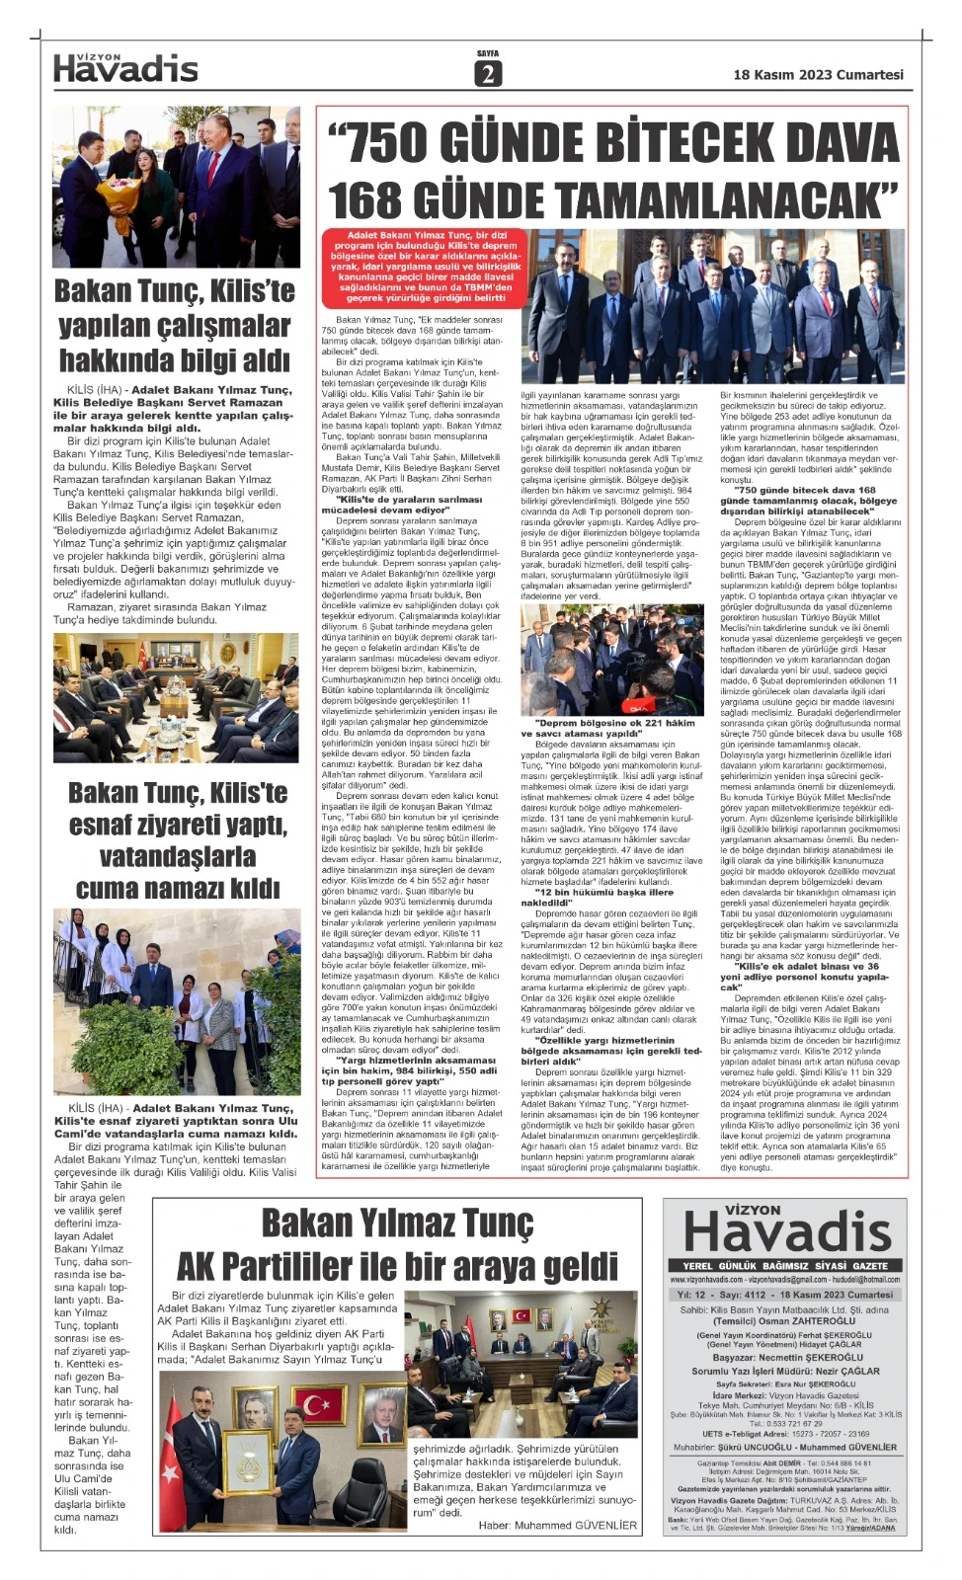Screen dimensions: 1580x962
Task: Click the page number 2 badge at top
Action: (x=488, y=73)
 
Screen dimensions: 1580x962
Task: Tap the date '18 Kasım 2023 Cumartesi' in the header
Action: (x=818, y=74)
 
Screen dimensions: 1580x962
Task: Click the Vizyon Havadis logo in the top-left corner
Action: (x=125, y=66)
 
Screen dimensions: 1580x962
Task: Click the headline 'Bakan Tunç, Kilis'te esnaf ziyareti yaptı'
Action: (x=178, y=809)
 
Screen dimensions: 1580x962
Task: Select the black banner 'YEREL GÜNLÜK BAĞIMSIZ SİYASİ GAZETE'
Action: (x=785, y=1265)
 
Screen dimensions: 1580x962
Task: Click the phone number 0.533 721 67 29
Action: (x=785, y=1423)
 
